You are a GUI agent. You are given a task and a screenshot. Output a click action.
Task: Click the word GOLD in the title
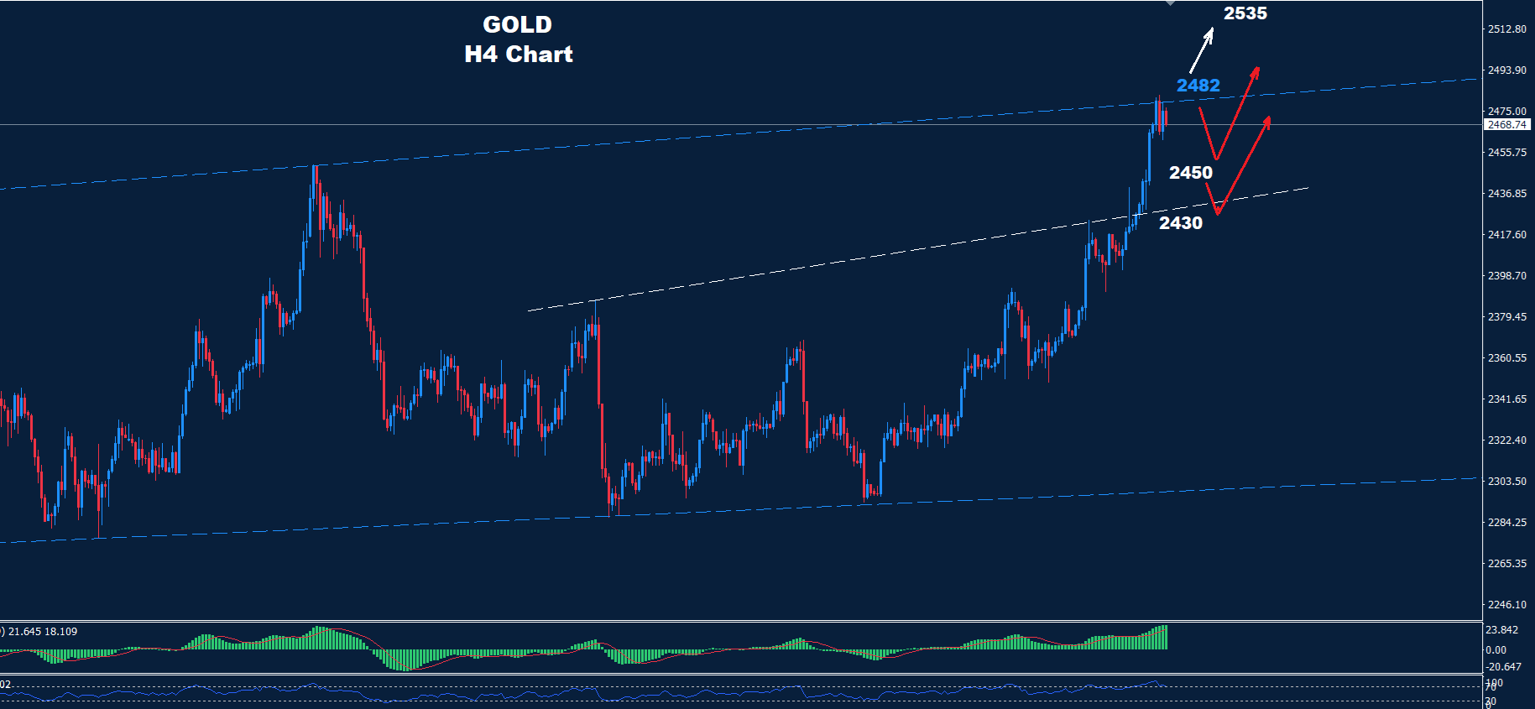point(517,25)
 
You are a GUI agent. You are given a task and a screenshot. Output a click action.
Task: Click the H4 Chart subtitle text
point(518,55)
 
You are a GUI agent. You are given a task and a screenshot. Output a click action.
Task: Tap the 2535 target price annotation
point(1245,13)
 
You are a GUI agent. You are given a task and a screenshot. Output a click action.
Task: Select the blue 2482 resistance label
point(1198,86)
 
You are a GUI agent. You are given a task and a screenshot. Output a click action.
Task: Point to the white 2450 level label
point(1190,173)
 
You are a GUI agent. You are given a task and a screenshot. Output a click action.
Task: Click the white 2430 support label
point(1180,223)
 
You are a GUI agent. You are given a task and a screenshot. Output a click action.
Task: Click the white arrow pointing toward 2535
point(1202,50)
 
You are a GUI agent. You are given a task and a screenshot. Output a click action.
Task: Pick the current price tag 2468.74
point(1506,125)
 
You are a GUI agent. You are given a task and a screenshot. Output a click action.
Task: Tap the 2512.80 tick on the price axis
point(1506,29)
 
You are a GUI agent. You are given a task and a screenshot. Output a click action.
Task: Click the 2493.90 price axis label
point(1506,70)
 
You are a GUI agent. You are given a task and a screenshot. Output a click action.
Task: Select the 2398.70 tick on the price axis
point(1506,276)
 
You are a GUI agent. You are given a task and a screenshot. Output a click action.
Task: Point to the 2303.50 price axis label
point(1506,482)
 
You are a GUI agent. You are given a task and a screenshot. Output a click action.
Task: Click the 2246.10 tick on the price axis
point(1506,605)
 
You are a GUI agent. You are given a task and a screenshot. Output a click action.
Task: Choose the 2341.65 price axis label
point(1506,399)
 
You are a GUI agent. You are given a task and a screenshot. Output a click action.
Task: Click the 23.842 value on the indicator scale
point(1501,630)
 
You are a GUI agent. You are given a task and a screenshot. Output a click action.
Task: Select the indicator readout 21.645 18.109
point(42,632)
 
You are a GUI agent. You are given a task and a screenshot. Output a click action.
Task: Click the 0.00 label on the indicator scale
point(1496,650)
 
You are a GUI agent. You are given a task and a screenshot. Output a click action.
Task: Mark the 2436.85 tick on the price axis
point(1506,194)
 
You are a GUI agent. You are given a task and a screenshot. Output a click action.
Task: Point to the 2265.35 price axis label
point(1506,564)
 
